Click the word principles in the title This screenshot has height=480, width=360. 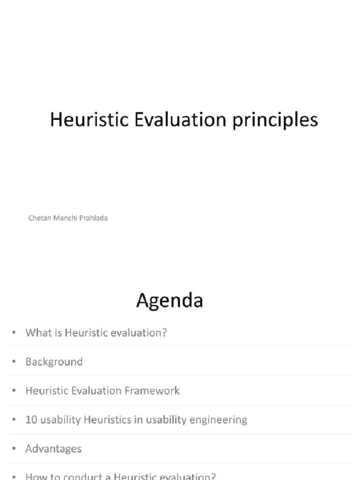pos(275,120)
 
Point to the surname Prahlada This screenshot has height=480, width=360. pos(93,218)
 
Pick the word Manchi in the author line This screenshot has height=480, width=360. pos(64,218)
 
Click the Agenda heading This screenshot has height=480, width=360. pos(169,300)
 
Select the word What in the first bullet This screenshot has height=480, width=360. pos(36,333)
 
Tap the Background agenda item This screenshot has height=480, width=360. pos(54,362)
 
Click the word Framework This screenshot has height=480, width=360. pos(157,390)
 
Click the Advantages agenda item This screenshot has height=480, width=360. pos(53,449)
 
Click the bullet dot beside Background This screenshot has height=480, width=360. pos(15,362)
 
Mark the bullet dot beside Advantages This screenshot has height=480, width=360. pos(15,449)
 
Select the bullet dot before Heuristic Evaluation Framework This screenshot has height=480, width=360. pos(15,390)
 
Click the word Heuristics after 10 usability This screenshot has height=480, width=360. pos(105,420)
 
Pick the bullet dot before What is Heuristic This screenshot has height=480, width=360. pos(15,333)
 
